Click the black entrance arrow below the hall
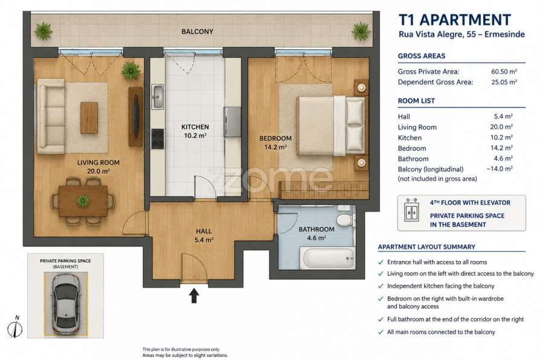194,296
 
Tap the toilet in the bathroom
345,219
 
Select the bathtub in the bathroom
329,258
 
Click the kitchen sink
157,96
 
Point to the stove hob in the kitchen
157,139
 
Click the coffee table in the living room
89,118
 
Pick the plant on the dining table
83,201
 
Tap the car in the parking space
66,305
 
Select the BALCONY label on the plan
197,31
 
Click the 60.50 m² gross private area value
504,72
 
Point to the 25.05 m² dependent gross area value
504,82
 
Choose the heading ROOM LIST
416,101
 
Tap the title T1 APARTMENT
455,20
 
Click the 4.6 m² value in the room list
504,159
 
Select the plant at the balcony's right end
361,31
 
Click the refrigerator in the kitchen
232,122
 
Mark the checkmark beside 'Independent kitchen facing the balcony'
381,286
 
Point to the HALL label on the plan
204,231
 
